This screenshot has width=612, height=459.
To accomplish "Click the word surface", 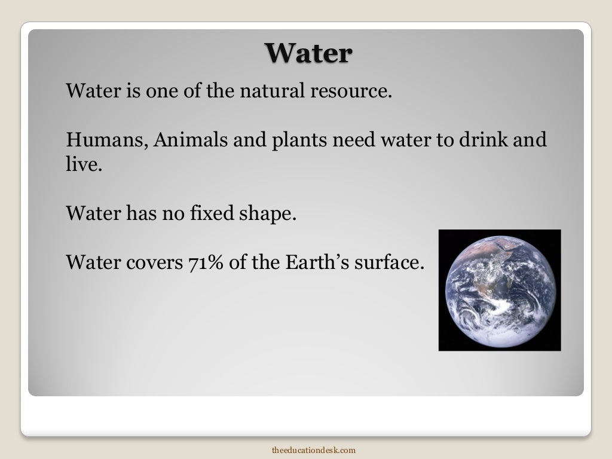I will [x=388, y=262].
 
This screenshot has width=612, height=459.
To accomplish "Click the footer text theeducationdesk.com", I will [x=314, y=449].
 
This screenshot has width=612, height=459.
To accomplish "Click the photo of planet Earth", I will [x=500, y=290].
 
